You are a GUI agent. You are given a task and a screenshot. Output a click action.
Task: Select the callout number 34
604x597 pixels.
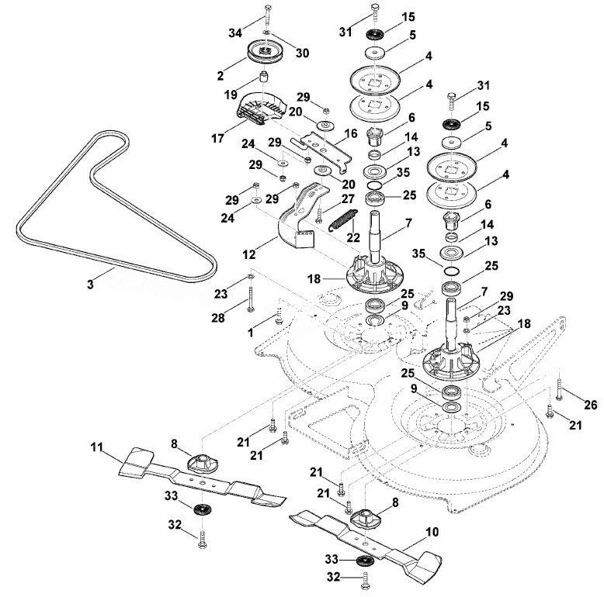pos(235,33)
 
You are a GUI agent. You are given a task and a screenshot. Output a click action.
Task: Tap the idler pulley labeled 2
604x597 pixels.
pos(265,52)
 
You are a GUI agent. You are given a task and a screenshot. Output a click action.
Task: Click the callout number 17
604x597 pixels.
pos(217,138)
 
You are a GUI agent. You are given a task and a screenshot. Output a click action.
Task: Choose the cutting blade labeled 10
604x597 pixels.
pos(366,538)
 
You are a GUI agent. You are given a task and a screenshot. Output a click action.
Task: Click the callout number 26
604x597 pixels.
pos(590,404)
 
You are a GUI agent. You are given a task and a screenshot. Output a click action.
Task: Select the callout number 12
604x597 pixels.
pos(249,254)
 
